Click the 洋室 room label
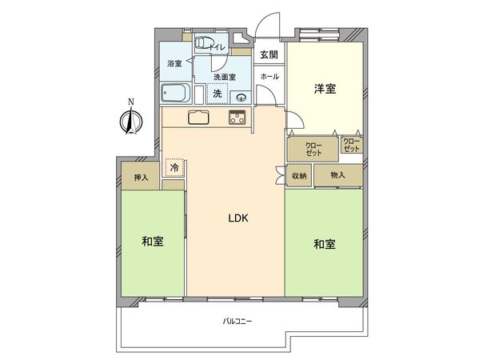coord(324,89)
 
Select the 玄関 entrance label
coord(268,54)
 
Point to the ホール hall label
coord(269,76)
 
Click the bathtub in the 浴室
coord(175,93)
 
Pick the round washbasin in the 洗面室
coord(241,97)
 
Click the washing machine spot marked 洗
coord(217,93)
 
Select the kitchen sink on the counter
coord(198,118)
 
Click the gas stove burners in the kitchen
coord(238,118)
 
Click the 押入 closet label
coord(141,178)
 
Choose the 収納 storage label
coord(299,176)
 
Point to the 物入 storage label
coord(337,175)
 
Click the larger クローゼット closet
coord(313,149)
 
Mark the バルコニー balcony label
coord(237,321)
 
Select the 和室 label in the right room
coord(325,242)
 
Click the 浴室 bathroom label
coord(174,62)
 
